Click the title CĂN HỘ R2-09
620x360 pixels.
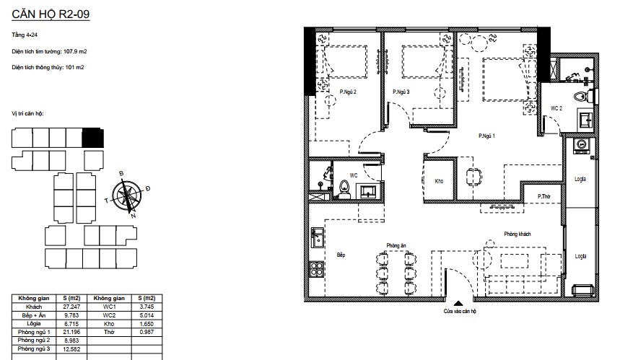pyautogui.click(x=51, y=14)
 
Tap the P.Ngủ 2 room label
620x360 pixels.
pyautogui.click(x=348, y=92)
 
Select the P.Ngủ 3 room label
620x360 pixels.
pyautogui.click(x=401, y=92)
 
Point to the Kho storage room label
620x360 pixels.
pyautogui.click(x=439, y=181)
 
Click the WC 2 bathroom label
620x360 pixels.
pyautogui.click(x=556, y=108)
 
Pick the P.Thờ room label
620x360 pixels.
pyautogui.click(x=544, y=196)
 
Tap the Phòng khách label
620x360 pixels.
pyautogui.click(x=518, y=234)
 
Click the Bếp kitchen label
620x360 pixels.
pyautogui.click(x=341, y=255)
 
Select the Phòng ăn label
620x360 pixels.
pyautogui.click(x=396, y=245)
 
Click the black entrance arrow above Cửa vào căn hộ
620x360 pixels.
pyautogui.click(x=458, y=304)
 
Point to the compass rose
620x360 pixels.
pyautogui.click(x=127, y=196)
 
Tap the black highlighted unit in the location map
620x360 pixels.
pyautogui.click(x=92, y=138)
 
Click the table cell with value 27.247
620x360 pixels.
pyautogui.click(x=71, y=307)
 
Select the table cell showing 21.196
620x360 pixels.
pyautogui.click(x=71, y=332)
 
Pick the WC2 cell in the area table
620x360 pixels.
pyautogui.click(x=109, y=315)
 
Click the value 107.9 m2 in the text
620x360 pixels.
pyautogui.click(x=75, y=51)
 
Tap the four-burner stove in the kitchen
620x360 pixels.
pyautogui.click(x=317, y=269)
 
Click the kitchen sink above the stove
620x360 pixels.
pyautogui.click(x=317, y=237)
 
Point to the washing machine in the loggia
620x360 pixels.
pyautogui.click(x=581, y=146)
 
